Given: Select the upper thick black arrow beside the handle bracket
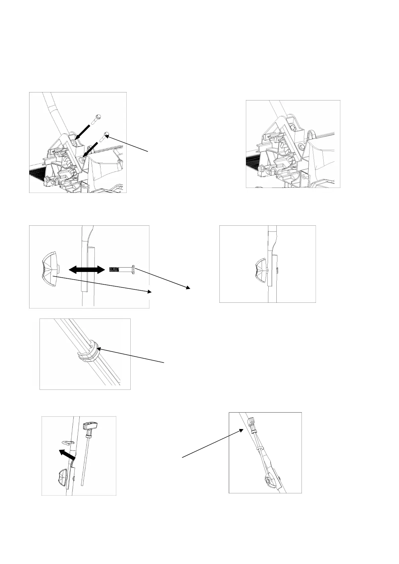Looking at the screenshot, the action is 82,132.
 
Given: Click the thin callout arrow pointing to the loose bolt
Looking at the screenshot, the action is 128,143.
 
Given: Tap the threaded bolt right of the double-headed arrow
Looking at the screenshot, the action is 122,269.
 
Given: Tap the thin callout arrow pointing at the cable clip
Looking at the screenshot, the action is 131,356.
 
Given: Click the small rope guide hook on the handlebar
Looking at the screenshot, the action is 69,442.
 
